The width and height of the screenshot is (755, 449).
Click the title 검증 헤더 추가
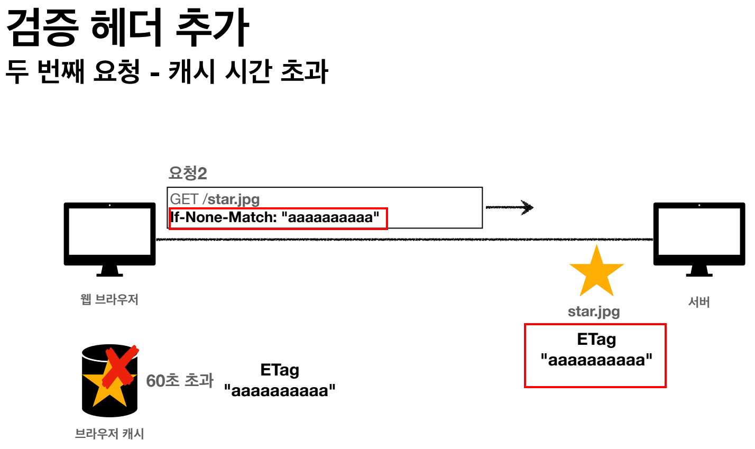(x=127, y=28)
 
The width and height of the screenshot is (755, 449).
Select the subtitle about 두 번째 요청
(x=167, y=71)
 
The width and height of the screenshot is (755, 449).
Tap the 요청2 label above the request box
(x=187, y=172)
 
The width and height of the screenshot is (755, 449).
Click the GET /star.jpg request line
(x=215, y=199)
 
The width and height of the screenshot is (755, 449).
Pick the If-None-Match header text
(x=275, y=217)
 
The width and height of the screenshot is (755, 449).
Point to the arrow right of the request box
(x=509, y=207)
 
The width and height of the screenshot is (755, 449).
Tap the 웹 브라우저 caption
(x=109, y=299)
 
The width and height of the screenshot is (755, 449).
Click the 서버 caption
(x=699, y=302)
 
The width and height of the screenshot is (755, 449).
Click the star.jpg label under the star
(x=594, y=311)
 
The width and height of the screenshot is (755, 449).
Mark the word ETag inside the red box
(x=596, y=339)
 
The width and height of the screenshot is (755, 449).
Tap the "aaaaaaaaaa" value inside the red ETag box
(x=596, y=360)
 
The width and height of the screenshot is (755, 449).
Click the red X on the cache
(x=120, y=365)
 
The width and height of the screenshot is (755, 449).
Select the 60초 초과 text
(x=180, y=380)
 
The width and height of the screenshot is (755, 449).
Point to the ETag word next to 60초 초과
(x=280, y=370)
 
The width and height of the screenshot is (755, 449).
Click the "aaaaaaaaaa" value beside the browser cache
(x=280, y=391)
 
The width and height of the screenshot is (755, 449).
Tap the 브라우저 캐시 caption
(x=109, y=434)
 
